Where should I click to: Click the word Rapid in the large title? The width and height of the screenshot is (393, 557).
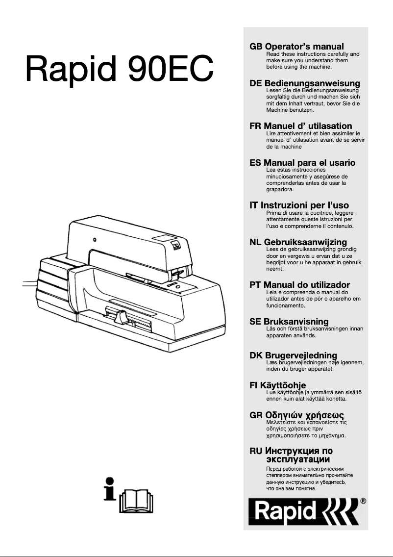click(x=70, y=69)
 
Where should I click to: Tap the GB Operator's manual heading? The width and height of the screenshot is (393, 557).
click(x=296, y=47)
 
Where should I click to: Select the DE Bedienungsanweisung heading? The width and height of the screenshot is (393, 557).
click(x=305, y=83)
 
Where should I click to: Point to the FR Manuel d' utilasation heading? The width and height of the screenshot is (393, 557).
click(x=301, y=126)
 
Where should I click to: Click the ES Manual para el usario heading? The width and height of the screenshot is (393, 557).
click(x=302, y=162)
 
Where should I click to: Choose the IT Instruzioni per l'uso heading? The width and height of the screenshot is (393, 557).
click(x=299, y=205)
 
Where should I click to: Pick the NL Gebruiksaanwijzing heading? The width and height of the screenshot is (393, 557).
click(x=298, y=242)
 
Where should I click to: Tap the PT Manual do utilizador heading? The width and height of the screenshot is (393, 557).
click(x=299, y=285)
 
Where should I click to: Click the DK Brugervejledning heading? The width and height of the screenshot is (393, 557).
click(x=293, y=355)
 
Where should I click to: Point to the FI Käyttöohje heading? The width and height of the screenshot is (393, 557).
click(x=277, y=385)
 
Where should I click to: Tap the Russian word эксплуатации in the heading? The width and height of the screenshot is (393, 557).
click(x=297, y=459)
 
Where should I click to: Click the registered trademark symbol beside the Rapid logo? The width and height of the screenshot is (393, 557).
click(x=363, y=501)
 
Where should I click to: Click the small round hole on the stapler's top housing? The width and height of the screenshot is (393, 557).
click(x=95, y=240)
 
